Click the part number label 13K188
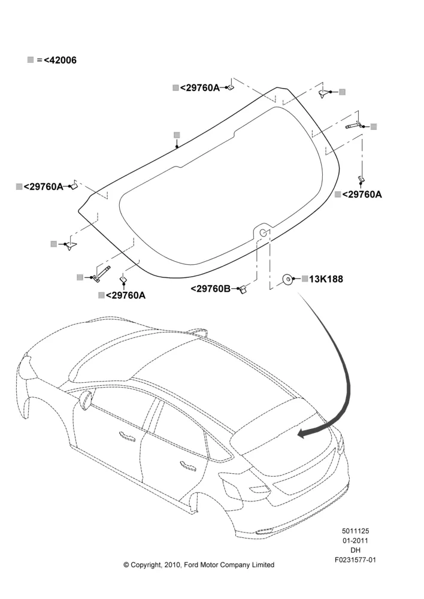pos(326,279)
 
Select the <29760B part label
pos(210,289)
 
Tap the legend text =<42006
pos(56,60)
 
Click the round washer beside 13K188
pos(288,280)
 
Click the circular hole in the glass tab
pos(263,232)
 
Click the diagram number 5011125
pos(355,531)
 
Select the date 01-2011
pos(355,540)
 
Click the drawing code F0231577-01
pos(355,559)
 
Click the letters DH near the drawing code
pos(355,550)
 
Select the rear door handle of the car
pos(188,464)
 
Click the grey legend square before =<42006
pos(31,59)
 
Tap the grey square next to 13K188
pos(304,279)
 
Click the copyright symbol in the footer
pos(126,565)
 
